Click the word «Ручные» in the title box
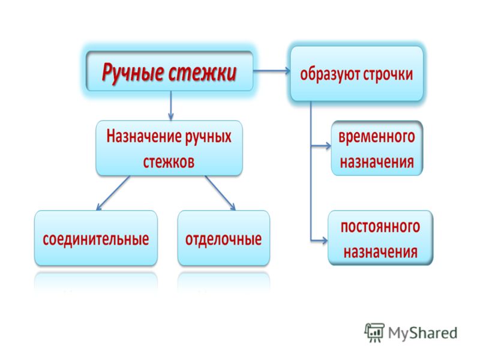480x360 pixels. [132, 73]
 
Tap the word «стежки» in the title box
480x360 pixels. [202, 72]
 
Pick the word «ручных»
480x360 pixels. [208, 137]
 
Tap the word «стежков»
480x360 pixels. [169, 161]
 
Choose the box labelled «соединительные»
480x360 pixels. [96, 238]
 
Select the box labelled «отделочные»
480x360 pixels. [224, 238]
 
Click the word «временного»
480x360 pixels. [377, 136]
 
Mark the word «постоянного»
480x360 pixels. [380, 227]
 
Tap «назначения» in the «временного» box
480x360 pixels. [377, 162]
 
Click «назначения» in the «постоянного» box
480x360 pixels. [380, 252]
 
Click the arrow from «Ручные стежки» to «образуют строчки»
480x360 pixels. [272, 71]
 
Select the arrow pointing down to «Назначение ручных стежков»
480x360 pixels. [171, 106]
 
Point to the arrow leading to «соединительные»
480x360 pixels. [113, 193]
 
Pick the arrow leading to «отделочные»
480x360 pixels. [220, 193]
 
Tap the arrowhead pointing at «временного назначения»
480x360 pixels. [328, 146]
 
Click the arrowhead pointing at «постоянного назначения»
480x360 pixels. [325, 241]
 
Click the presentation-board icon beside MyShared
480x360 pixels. [374, 332]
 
